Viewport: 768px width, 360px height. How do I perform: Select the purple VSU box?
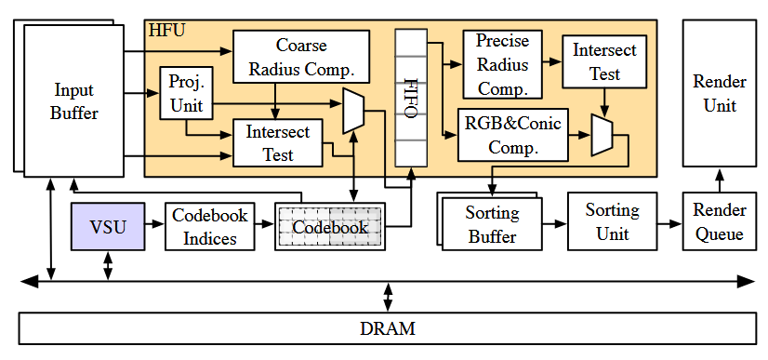click(108, 227)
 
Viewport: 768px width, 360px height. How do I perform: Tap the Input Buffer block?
click(74, 102)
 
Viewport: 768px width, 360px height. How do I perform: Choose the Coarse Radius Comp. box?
click(301, 57)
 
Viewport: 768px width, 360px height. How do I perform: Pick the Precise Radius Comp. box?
click(502, 64)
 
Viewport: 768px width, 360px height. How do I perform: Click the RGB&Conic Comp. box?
click(513, 134)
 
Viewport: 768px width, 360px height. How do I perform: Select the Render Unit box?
click(719, 94)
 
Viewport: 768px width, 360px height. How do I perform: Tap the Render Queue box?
click(719, 222)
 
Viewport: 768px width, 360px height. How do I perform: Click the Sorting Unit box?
click(612, 222)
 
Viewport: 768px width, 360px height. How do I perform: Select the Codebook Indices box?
click(210, 226)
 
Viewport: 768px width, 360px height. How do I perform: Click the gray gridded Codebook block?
click(330, 227)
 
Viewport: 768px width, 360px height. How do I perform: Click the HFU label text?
click(166, 30)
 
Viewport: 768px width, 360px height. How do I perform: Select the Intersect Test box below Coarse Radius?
click(277, 142)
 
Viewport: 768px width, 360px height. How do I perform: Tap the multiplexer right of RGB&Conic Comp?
click(602, 136)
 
